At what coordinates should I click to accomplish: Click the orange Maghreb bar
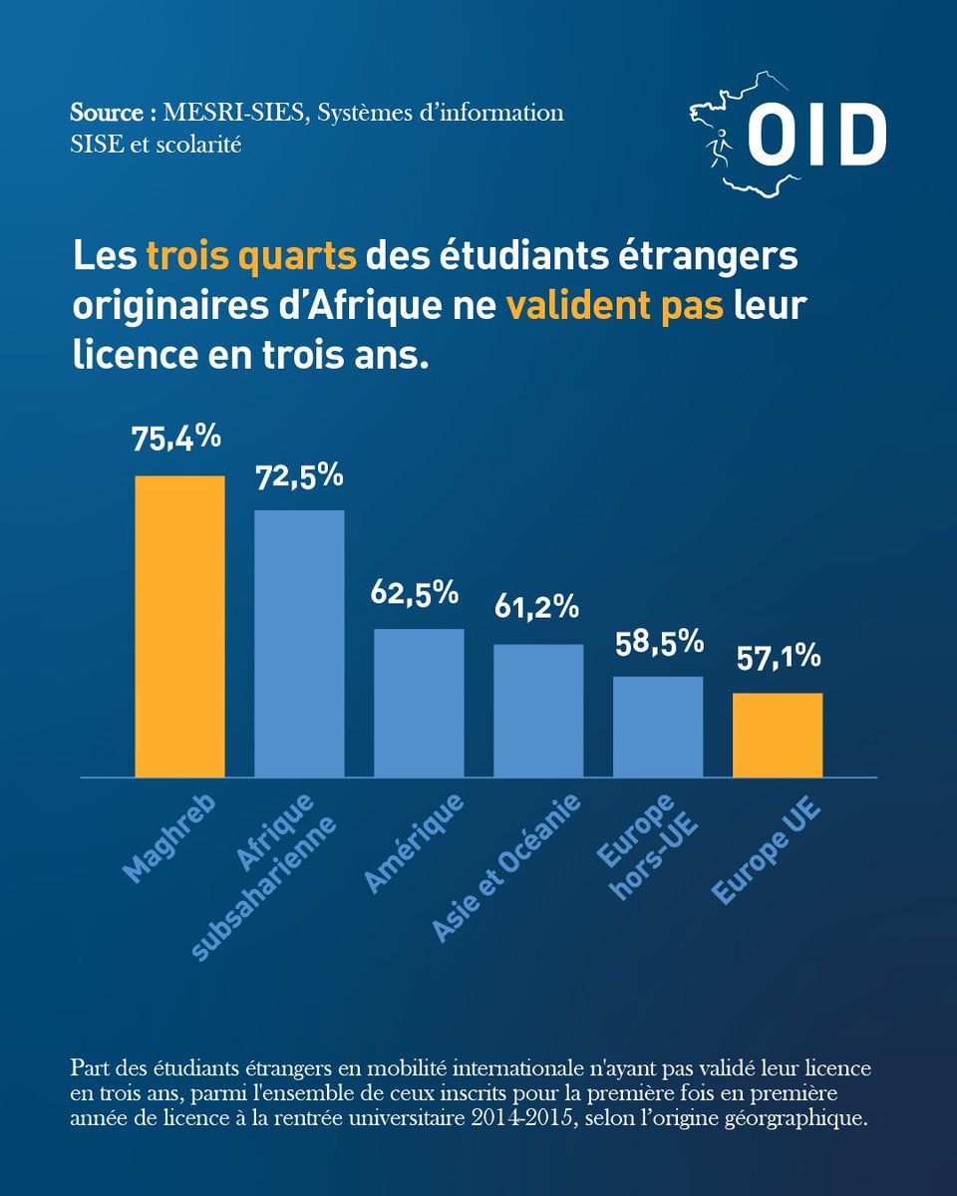[x=179, y=626]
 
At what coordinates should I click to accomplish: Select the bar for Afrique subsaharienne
[x=299, y=644]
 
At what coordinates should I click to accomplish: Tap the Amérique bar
[x=419, y=703]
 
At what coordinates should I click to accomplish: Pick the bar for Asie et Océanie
[x=538, y=711]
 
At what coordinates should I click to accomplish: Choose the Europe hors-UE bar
[x=658, y=727]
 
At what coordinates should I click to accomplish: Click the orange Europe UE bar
[x=778, y=736]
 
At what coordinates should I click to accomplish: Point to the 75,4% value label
[x=176, y=438]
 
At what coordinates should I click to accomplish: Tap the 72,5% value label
[x=299, y=477]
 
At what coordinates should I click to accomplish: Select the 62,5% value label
[x=415, y=593]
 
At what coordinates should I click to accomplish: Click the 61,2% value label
[x=536, y=607]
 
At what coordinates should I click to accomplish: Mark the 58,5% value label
[x=660, y=643]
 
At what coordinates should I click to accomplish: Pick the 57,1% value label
[x=779, y=657]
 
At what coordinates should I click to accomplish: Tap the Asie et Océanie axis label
[x=506, y=868]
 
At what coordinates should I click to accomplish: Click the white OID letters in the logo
[x=816, y=135]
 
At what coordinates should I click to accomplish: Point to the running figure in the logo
[x=719, y=148]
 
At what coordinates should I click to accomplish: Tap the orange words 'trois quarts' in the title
[x=251, y=256]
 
